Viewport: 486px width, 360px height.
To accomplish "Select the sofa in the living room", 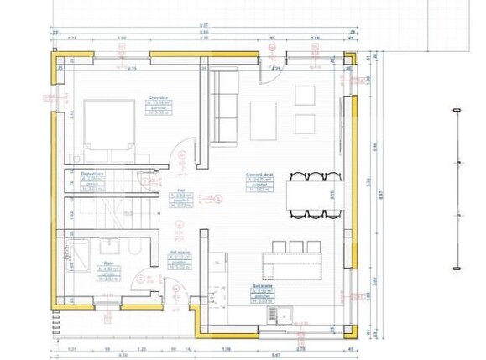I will coord(222,107).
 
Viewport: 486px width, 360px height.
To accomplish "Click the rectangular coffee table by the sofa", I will coord(263,120).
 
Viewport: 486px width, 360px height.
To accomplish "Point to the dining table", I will coord(315,196).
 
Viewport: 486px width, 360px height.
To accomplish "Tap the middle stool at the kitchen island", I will coord(296,247).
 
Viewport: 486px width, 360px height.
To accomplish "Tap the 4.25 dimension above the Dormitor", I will coord(132,69).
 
